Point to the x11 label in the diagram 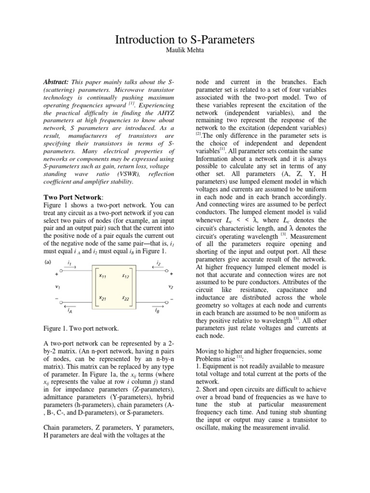tap(103, 276)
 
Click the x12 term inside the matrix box tap(126, 276)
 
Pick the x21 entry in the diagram tap(103, 298)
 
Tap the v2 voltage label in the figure tap(171, 287)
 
